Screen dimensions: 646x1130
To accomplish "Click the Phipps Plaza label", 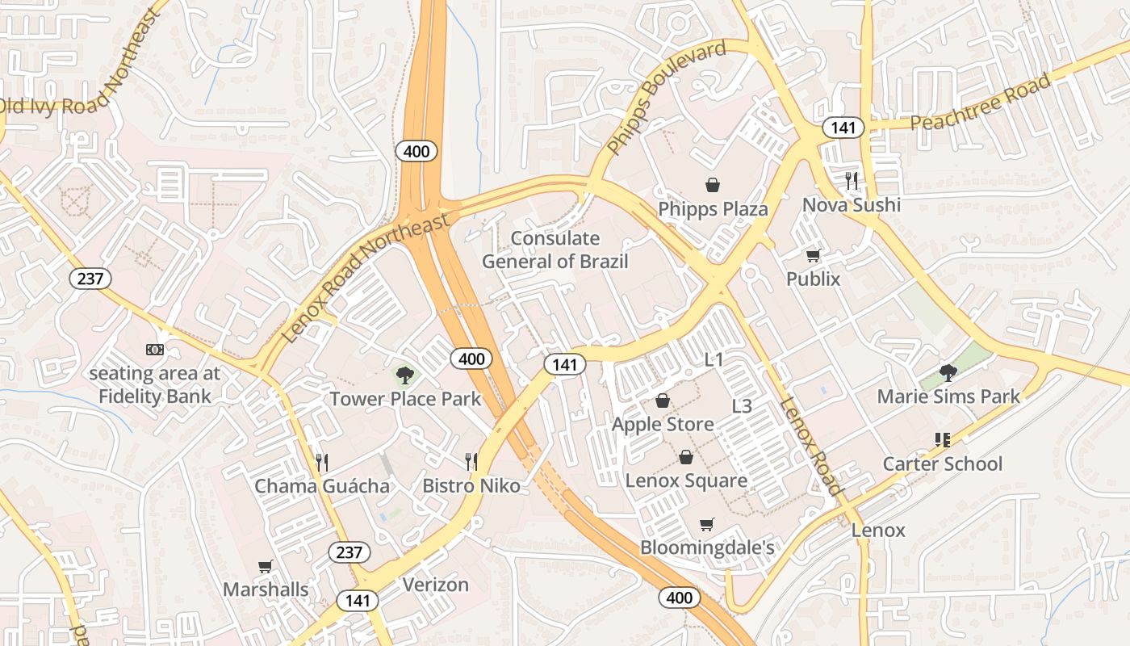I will [x=713, y=209].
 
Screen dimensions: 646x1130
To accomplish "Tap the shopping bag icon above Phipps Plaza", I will [x=713, y=185].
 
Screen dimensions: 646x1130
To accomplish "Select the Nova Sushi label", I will [x=851, y=205].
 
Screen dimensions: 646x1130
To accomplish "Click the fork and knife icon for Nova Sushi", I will [x=851, y=179].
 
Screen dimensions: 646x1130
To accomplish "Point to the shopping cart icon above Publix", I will [x=814, y=255].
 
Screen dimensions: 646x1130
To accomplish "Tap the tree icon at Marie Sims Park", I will [x=948, y=372].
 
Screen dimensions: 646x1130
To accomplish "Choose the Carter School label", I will [x=942, y=464].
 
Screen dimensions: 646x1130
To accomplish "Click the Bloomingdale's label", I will [x=707, y=548].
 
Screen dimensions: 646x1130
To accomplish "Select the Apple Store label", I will [x=663, y=424].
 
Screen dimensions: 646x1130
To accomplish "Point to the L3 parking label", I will [x=742, y=406].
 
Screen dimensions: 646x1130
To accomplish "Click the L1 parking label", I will [x=714, y=360].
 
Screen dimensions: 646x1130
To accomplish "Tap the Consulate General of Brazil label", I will [x=555, y=250].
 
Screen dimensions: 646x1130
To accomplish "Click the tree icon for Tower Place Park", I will [x=405, y=375].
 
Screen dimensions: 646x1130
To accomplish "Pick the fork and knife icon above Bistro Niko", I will [x=471, y=462].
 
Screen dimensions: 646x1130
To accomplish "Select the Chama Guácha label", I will [x=322, y=486].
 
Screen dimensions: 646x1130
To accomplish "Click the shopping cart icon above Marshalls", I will [x=266, y=566].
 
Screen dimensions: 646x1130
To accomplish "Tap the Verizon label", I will [x=435, y=585].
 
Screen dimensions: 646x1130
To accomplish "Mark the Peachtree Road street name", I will [x=981, y=102].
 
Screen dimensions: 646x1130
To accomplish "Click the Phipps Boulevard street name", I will [x=666, y=98].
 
